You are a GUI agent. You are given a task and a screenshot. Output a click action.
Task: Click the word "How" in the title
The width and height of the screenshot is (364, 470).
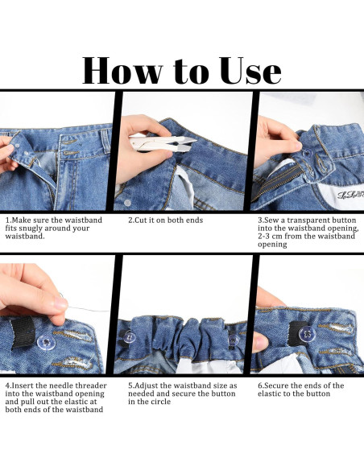click(122, 71)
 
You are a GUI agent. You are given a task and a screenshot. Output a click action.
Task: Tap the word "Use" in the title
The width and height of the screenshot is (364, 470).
click(251, 71)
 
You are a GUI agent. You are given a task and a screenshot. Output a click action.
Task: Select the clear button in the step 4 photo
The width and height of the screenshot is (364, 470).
click(46, 342)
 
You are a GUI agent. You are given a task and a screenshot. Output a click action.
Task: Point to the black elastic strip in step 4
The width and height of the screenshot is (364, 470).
click(23, 332)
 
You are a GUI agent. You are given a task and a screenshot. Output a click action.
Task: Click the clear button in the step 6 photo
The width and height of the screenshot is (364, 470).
click(307, 332)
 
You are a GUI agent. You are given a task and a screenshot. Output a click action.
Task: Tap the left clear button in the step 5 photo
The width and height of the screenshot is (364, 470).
click(129, 337)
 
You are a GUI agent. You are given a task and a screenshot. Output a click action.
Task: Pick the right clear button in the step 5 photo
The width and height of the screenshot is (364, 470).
click(234, 340)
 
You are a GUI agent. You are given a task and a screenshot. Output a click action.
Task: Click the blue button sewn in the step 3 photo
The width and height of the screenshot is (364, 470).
click(307, 153)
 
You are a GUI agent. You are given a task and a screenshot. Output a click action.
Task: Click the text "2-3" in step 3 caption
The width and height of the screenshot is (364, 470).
click(264, 236)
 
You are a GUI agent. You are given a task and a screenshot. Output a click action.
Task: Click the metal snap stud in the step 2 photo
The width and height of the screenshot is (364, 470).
click(127, 203)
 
